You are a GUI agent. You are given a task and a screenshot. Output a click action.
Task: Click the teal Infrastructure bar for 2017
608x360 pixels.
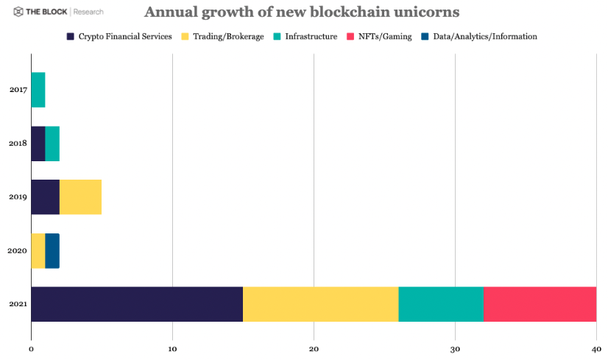tap(38, 90)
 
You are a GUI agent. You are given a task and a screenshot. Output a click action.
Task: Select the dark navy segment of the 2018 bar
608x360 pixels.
tap(38, 144)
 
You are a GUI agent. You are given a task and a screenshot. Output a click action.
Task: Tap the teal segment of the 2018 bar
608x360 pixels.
tap(52, 144)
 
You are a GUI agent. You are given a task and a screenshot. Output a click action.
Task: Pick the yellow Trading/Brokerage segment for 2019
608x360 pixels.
tap(80, 197)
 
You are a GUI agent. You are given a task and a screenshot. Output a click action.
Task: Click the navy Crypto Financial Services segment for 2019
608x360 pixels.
tap(46, 197)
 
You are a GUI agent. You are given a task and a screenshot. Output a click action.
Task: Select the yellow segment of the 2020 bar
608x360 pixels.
tap(38, 251)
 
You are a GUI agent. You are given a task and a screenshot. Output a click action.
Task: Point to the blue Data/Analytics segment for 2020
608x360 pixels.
tap(52, 251)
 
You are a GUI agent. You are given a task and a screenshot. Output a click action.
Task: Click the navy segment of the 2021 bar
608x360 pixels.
tap(137, 304)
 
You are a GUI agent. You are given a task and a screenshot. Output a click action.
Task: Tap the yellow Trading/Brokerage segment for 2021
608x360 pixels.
tap(321, 304)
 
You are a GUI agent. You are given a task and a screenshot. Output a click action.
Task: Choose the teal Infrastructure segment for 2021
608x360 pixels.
tap(441, 304)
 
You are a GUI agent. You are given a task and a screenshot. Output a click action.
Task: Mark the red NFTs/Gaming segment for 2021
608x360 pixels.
tap(540, 304)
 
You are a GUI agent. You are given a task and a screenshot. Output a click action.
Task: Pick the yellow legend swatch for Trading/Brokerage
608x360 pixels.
tap(185, 36)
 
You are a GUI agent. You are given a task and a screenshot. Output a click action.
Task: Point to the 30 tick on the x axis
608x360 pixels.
tap(455, 349)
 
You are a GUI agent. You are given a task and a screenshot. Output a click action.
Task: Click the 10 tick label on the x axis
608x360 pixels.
tap(172, 349)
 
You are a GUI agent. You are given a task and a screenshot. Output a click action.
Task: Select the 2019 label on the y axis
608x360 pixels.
tap(18, 197)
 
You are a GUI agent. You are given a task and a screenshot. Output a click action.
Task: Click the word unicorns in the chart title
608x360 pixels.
tap(423, 13)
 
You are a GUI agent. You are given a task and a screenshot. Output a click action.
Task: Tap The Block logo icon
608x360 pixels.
tap(13, 12)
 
